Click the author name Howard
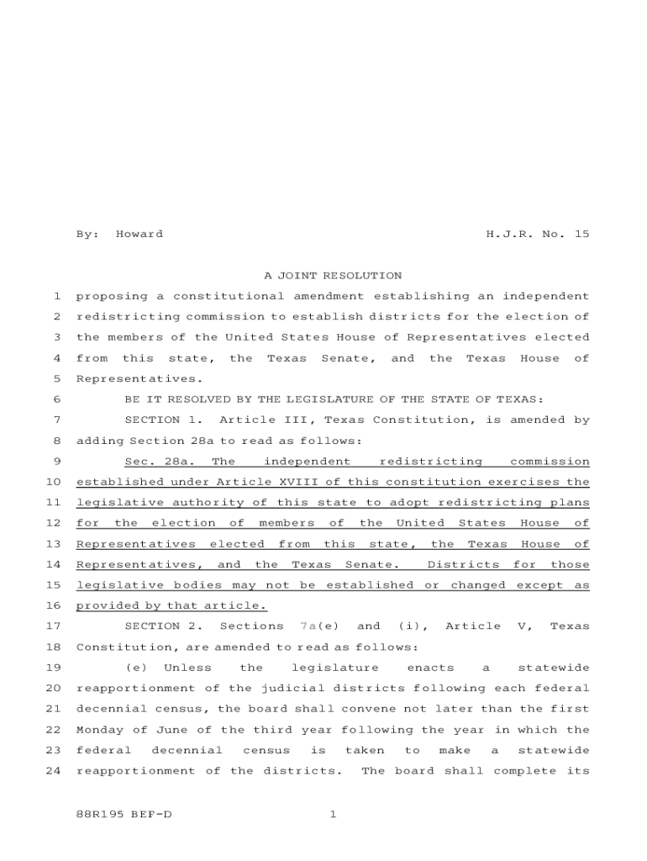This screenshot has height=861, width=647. coord(139,234)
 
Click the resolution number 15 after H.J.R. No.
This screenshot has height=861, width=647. coord(581,234)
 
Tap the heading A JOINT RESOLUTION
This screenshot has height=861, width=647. coord(333,275)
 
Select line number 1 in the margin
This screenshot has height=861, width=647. coord(55,296)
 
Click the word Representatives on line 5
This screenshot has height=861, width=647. coord(128,378)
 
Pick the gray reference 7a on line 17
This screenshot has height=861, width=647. coord(307,626)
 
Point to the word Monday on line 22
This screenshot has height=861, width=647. coord(97,730)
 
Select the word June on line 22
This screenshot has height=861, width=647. coord(161,730)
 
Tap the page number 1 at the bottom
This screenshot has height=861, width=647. coord(333,814)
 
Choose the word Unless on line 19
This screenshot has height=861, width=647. coord(187,668)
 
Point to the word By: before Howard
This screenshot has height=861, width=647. coord(87,234)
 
